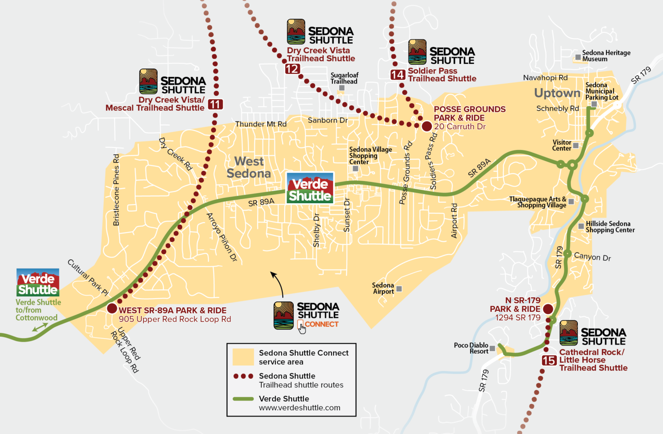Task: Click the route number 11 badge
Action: tap(215, 104)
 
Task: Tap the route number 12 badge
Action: tap(292, 69)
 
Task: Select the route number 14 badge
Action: tap(398, 75)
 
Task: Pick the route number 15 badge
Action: tap(549, 361)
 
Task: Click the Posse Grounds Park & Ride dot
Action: tap(426, 126)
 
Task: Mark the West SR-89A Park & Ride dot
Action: tap(112, 308)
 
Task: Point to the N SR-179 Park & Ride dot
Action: tap(548, 309)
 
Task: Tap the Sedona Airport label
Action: tap(383, 288)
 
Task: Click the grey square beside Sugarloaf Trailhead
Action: tap(341, 88)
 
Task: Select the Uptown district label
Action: tap(557, 93)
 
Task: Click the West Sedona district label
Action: tap(249, 167)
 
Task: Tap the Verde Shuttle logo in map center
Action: tap(310, 188)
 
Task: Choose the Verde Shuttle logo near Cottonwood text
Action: tap(38, 282)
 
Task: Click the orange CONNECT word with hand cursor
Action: tap(321, 324)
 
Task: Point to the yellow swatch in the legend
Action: tap(243, 357)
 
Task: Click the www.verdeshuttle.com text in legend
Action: tap(300, 408)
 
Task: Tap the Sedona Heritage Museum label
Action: tap(606, 56)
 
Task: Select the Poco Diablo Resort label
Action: tap(471, 348)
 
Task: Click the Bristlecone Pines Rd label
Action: tap(116, 190)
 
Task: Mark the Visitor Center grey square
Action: tap(576, 146)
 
